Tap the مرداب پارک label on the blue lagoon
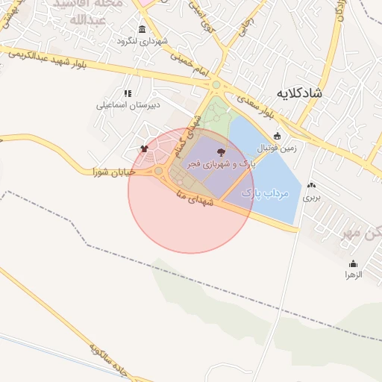265,193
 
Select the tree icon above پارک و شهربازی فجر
230,151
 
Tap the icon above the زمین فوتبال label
278,136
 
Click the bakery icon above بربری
310,185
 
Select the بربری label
310,198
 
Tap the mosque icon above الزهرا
353,263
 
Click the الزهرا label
352,275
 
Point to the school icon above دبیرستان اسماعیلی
128,93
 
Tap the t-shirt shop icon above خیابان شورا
144,148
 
